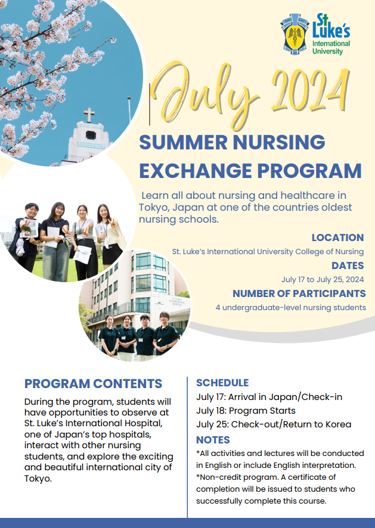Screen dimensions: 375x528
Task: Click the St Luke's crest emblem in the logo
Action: point(295,34)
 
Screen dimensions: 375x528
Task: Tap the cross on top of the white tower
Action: point(89,115)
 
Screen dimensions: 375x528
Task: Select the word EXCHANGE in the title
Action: point(196,170)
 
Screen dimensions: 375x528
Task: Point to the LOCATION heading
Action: point(337,238)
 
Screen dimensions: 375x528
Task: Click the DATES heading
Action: point(348,265)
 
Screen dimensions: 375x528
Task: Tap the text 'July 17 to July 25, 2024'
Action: point(323,280)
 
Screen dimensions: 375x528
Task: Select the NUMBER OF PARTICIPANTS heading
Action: point(299,293)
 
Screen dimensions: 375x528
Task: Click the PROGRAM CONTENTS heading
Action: point(94,383)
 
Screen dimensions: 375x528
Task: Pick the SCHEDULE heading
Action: point(222,383)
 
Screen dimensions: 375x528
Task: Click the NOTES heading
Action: point(213,440)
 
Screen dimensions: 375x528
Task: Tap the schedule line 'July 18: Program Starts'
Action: point(246,411)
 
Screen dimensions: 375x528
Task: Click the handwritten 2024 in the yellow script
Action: point(310,89)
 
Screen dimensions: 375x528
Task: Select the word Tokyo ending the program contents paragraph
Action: point(37,479)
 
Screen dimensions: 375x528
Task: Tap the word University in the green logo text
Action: point(327,52)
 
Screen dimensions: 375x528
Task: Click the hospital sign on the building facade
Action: point(177,301)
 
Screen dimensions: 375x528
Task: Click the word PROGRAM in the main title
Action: point(309,170)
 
